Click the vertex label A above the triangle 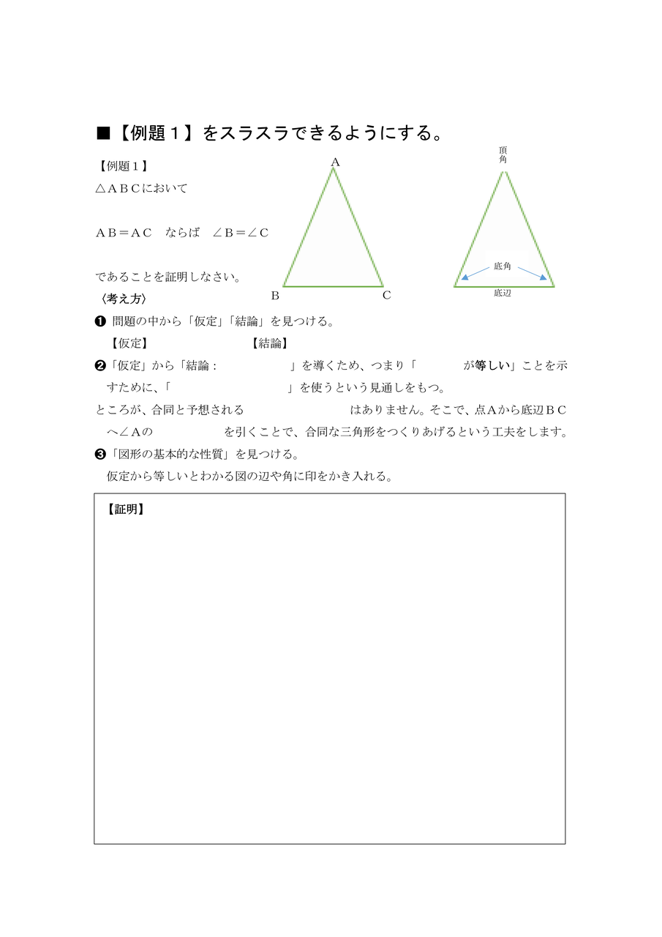(335, 162)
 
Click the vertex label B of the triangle (275, 296)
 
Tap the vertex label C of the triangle (386, 296)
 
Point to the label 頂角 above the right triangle (503, 154)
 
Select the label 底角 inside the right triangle (503, 266)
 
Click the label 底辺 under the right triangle (503, 294)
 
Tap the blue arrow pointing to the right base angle (533, 272)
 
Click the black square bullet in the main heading (103, 133)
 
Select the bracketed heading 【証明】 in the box (125, 509)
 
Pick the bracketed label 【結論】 (269, 343)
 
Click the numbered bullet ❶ (100, 321)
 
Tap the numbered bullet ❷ (100, 365)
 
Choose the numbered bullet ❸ (100, 454)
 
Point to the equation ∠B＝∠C (241, 233)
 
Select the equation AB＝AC (124, 233)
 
